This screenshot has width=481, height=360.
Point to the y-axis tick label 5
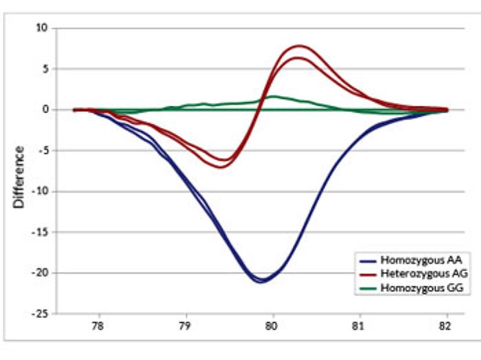click(46, 69)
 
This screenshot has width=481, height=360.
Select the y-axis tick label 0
click(46, 109)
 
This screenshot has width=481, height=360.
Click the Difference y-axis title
click(19, 177)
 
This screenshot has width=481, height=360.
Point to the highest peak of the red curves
click(300, 45)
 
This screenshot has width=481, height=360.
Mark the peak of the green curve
click(274, 96)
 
